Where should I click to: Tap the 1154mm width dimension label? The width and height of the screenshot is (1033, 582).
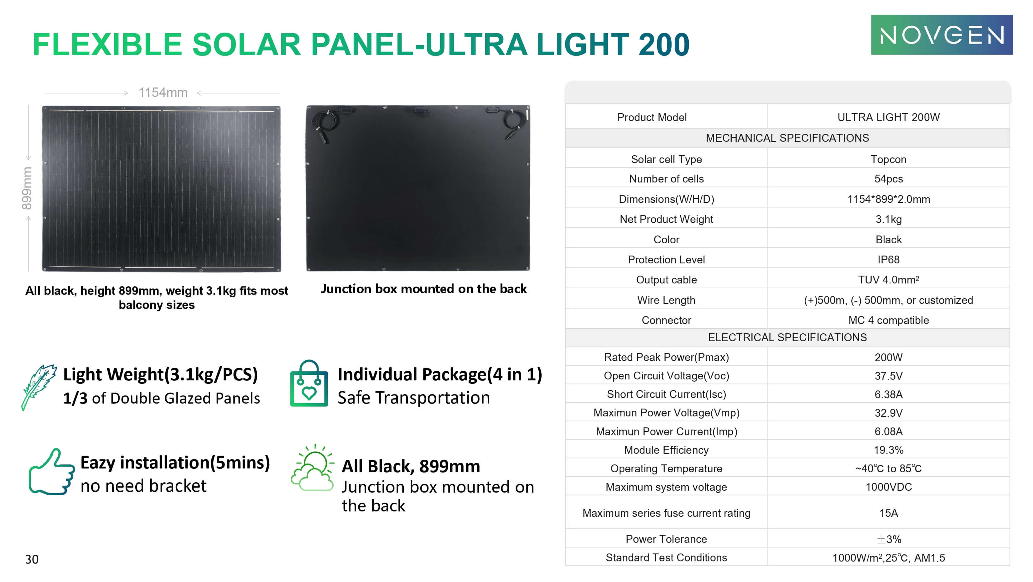point(163,93)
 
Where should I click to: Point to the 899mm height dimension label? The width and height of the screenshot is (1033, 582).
point(26,188)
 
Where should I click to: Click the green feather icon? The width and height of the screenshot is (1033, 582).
point(38,387)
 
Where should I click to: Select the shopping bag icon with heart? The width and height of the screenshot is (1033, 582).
point(309,384)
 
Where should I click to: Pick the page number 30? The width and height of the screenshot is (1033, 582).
point(32,559)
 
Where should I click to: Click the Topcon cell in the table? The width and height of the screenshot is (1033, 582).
point(888,159)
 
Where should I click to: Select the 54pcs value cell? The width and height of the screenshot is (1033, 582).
point(888,179)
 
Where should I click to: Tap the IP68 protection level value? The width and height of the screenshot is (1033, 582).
point(888,260)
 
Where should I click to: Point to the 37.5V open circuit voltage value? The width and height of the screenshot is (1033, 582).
point(888,376)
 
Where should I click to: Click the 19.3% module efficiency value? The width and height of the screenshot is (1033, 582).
point(888,450)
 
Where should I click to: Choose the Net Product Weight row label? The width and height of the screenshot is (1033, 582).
point(666,219)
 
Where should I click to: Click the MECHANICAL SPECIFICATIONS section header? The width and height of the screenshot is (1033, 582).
point(787,138)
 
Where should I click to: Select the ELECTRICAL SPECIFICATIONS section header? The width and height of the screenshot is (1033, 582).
point(787,337)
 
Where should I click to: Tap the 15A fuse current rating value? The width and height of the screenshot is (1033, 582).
point(888,513)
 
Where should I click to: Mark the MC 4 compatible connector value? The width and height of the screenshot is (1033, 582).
point(888,320)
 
